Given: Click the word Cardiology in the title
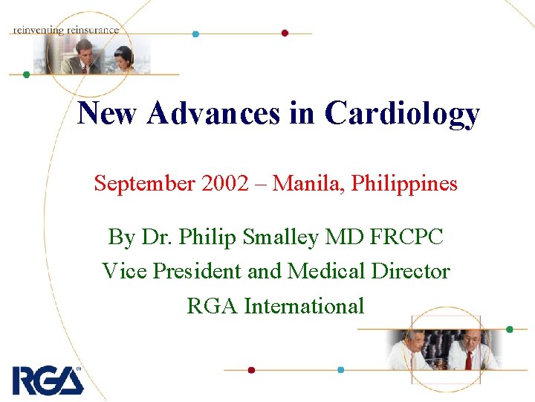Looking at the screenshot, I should pyautogui.click(x=402, y=114).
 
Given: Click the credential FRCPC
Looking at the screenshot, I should pyautogui.click(x=406, y=237).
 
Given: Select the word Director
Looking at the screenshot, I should pyautogui.click(x=410, y=271).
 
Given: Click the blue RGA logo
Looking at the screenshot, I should pyautogui.click(x=47, y=380).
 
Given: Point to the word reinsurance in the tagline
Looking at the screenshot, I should pyautogui.click(x=92, y=30).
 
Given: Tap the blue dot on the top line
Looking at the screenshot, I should pyautogui.click(x=195, y=33).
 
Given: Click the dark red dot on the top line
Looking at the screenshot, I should pyautogui.click(x=285, y=33).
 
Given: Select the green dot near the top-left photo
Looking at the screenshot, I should pyautogui.click(x=26, y=74).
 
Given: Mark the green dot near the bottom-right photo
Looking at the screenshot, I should pyautogui.click(x=510, y=329).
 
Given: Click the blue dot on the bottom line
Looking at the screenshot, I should pyautogui.click(x=340, y=369).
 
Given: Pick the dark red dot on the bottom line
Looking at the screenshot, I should pyautogui.click(x=251, y=369).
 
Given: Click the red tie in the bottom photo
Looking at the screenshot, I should pyautogui.click(x=468, y=360).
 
